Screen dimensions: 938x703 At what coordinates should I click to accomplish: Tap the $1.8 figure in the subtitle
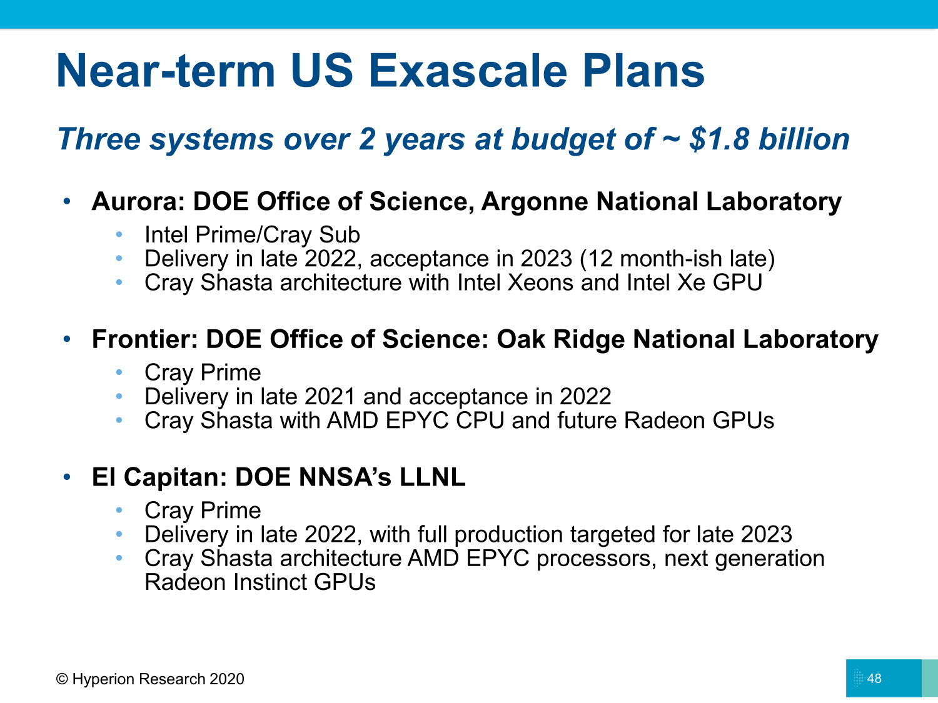(x=720, y=139)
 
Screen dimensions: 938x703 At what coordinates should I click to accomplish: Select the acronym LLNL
(x=432, y=477)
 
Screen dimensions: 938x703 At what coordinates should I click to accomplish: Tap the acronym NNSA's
(x=345, y=477)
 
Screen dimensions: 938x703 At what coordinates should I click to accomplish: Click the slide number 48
(x=874, y=678)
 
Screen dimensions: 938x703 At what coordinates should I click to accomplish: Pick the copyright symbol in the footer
(x=62, y=679)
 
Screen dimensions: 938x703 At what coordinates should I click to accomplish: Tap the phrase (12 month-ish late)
(x=677, y=259)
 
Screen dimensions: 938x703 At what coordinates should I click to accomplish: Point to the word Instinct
(x=270, y=582)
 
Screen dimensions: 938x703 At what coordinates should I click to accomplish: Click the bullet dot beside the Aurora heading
(x=67, y=201)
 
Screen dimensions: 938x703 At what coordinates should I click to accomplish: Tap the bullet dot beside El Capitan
(x=67, y=477)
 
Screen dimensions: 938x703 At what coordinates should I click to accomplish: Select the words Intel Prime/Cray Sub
(x=252, y=235)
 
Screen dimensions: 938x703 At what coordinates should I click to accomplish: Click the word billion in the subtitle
(x=804, y=139)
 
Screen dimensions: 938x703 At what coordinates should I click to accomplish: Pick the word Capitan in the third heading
(x=175, y=477)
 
